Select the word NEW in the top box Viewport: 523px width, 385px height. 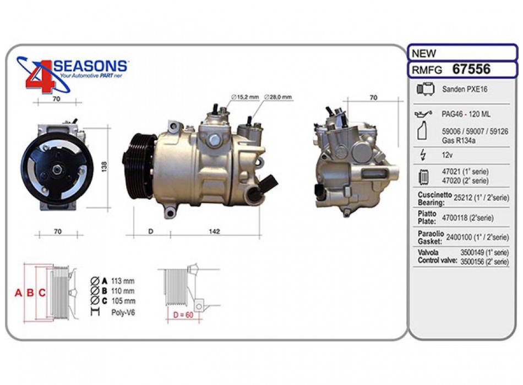(424, 53)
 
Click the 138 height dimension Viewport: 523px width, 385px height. (103, 167)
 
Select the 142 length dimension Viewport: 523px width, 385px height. (214, 232)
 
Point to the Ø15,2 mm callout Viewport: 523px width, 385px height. (245, 97)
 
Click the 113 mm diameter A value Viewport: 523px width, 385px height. (122, 280)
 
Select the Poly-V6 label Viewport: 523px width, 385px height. (122, 312)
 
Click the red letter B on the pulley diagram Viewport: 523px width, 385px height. (30, 293)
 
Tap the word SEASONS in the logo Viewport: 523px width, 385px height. (91, 67)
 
